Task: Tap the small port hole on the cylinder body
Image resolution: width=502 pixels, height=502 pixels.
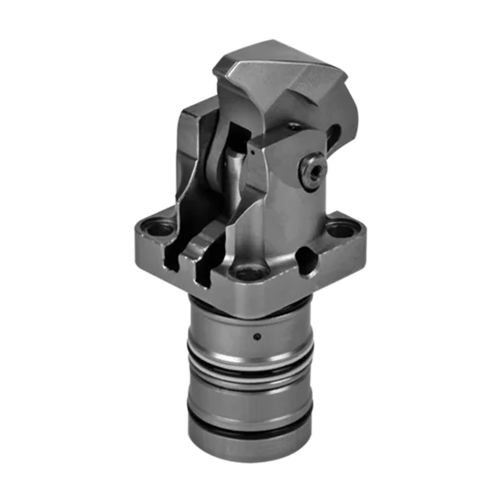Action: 257,335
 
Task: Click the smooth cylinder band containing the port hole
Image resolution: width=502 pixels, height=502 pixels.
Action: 251,330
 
